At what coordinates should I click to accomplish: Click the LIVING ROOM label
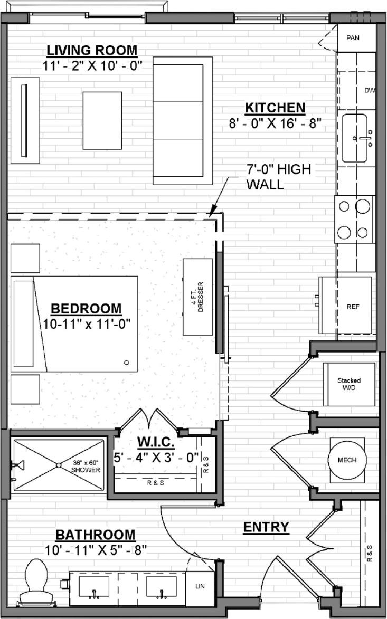click(x=92, y=51)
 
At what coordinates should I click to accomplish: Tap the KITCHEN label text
click(x=275, y=108)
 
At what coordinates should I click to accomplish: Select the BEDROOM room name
click(x=86, y=309)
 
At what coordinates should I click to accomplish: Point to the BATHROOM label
click(x=96, y=535)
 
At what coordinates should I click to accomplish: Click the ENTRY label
click(x=266, y=527)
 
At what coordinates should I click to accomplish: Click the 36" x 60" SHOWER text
click(x=86, y=466)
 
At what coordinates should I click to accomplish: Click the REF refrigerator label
click(x=353, y=307)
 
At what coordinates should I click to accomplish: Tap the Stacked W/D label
click(x=349, y=384)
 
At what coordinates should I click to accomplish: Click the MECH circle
click(x=347, y=460)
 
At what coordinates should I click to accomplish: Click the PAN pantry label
click(x=353, y=38)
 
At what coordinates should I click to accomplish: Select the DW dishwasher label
click(x=370, y=90)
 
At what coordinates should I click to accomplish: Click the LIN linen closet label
click(x=200, y=587)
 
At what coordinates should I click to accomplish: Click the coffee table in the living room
click(x=102, y=120)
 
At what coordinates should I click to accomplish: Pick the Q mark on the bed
click(x=126, y=363)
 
